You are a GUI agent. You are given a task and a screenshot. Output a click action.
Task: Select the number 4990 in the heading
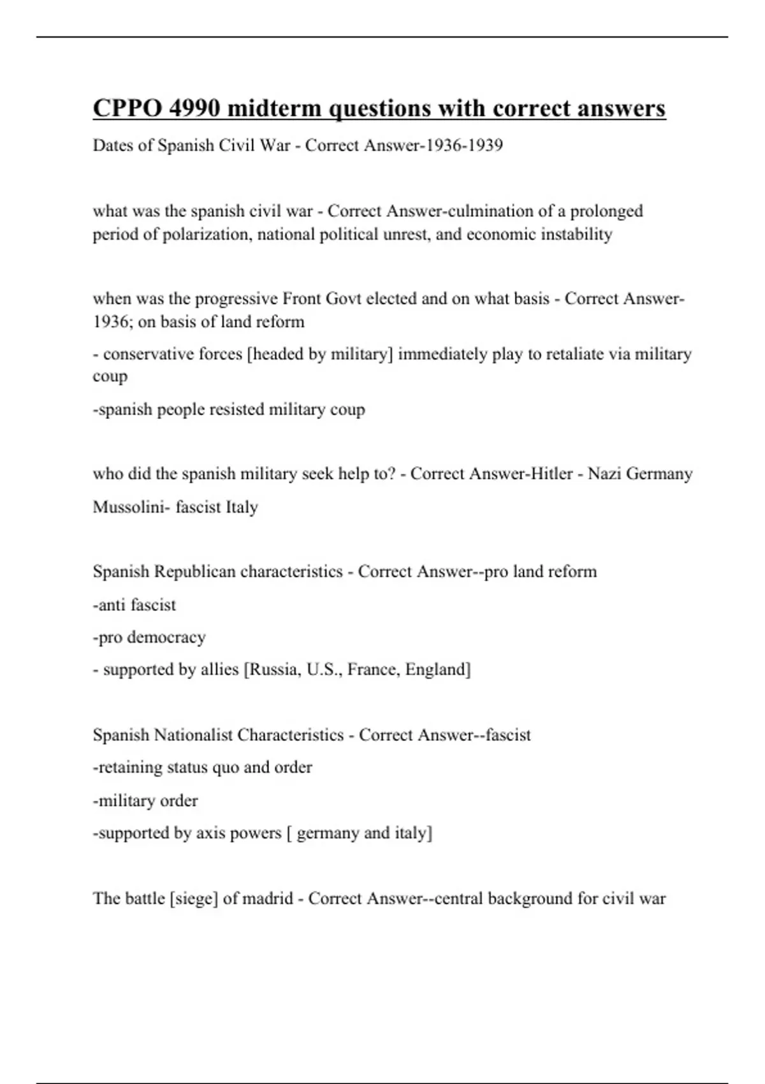pos(194,108)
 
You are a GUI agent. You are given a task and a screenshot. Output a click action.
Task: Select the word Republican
pos(196,571)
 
